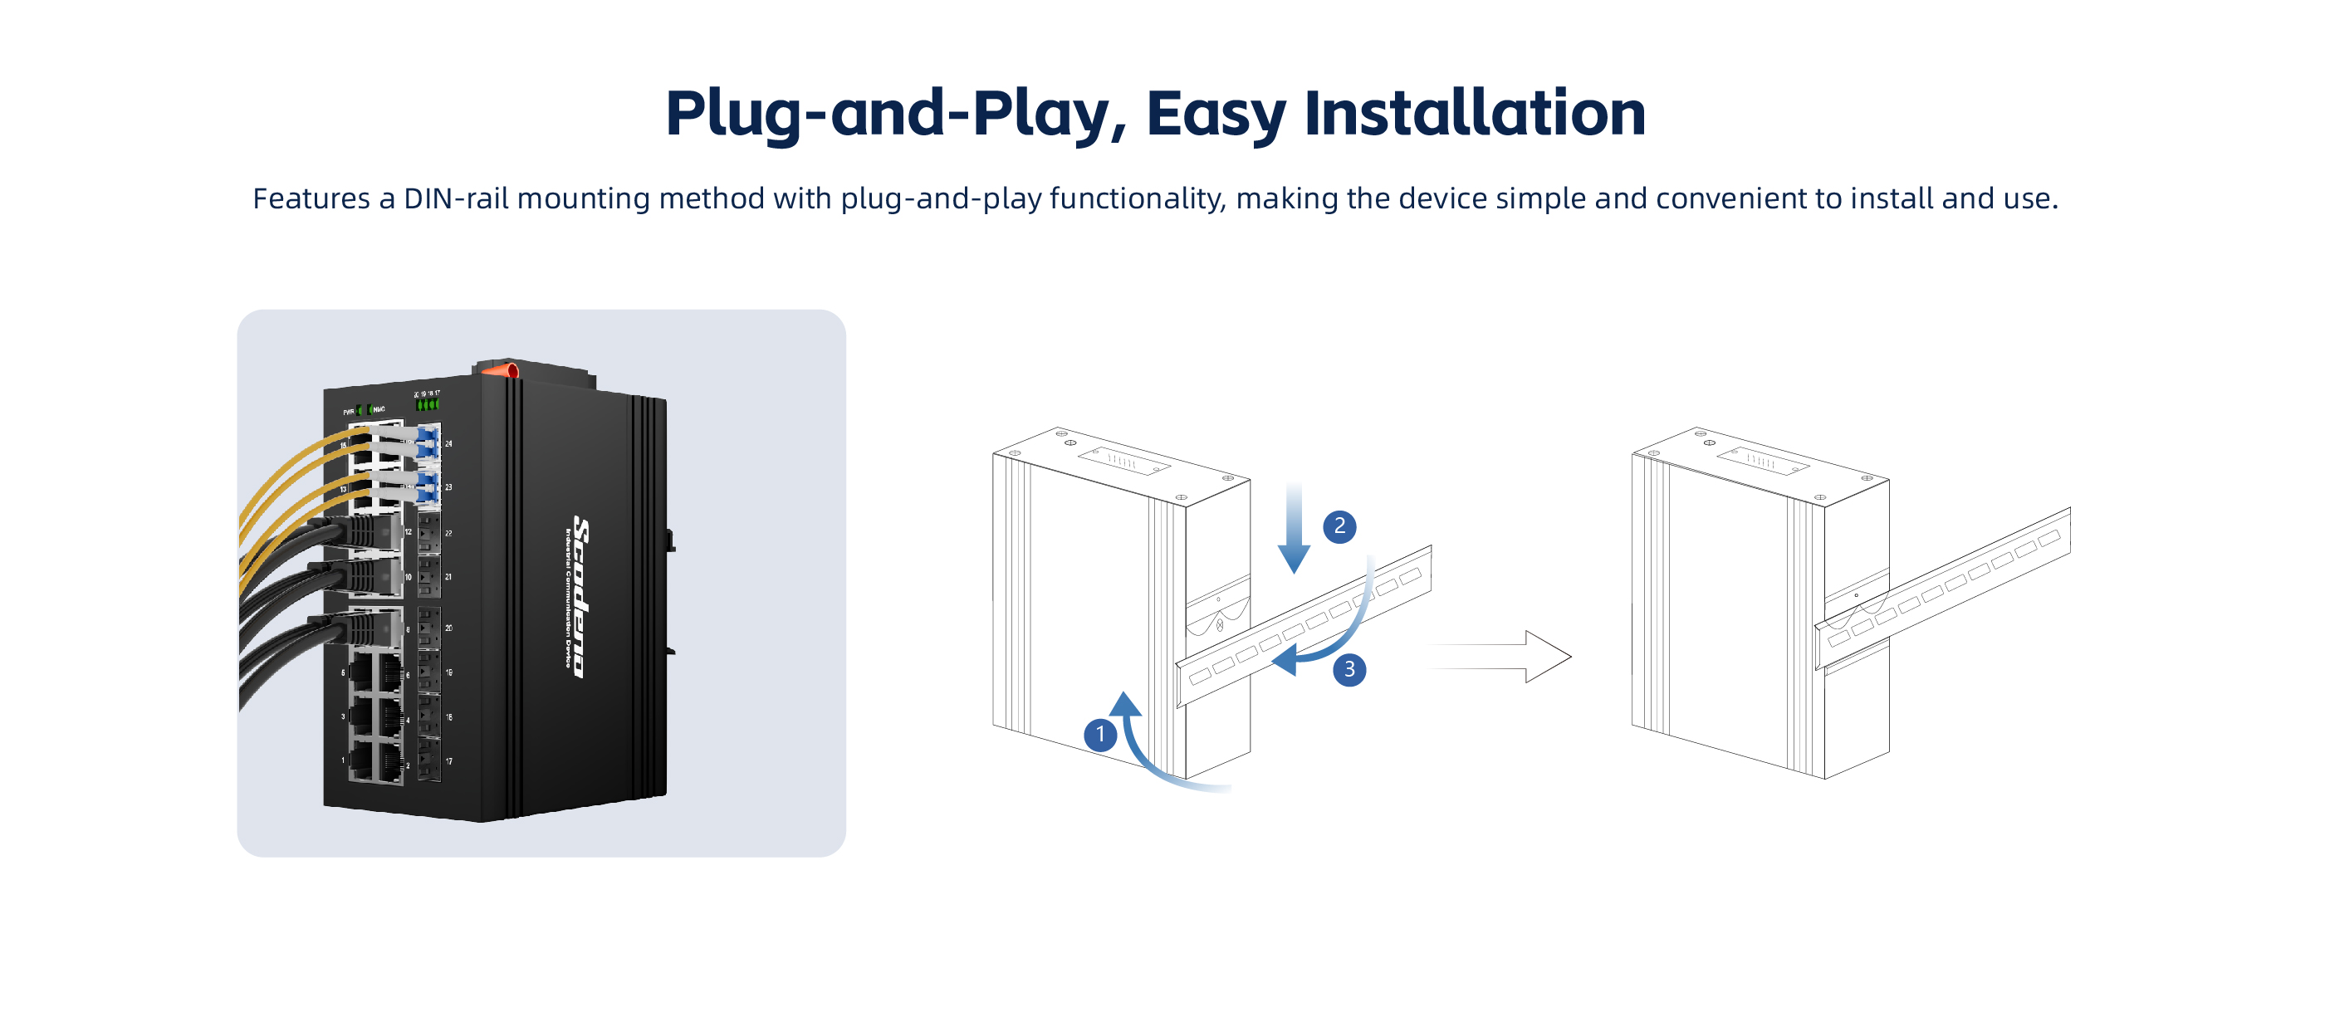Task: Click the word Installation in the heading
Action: (1474, 113)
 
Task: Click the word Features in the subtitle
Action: (311, 198)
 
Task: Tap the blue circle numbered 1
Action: (1099, 735)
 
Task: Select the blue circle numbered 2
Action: (1339, 526)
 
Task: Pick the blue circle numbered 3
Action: (1348, 669)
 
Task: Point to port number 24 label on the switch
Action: (448, 444)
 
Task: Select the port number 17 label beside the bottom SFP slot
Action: (448, 761)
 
